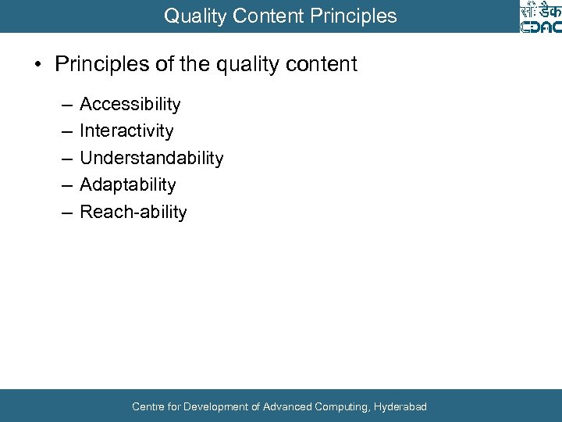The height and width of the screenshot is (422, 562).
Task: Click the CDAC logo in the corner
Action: (540, 17)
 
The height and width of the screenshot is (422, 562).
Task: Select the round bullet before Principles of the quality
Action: (37, 64)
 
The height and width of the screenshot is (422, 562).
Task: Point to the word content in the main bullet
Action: (323, 64)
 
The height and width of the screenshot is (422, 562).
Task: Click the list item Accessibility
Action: (130, 105)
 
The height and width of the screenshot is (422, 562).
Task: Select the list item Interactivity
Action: (126, 131)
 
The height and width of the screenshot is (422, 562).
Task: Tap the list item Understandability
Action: (151, 159)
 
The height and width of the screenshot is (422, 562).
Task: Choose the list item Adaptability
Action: (128, 185)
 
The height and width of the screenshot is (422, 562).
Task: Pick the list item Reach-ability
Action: (133, 213)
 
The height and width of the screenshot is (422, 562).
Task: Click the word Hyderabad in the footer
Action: (400, 406)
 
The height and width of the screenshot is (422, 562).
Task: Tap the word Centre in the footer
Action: (148, 406)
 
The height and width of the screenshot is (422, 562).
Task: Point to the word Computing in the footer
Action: (341, 406)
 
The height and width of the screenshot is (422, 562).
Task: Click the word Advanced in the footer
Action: (287, 406)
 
